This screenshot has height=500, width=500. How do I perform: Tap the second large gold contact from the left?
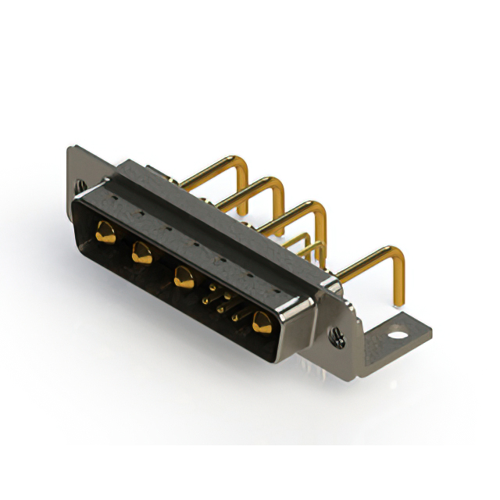(141, 252)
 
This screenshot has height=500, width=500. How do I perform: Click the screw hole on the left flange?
(80, 186)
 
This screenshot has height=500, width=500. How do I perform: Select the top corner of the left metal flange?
(73, 148)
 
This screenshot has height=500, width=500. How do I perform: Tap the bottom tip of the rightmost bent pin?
(400, 303)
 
